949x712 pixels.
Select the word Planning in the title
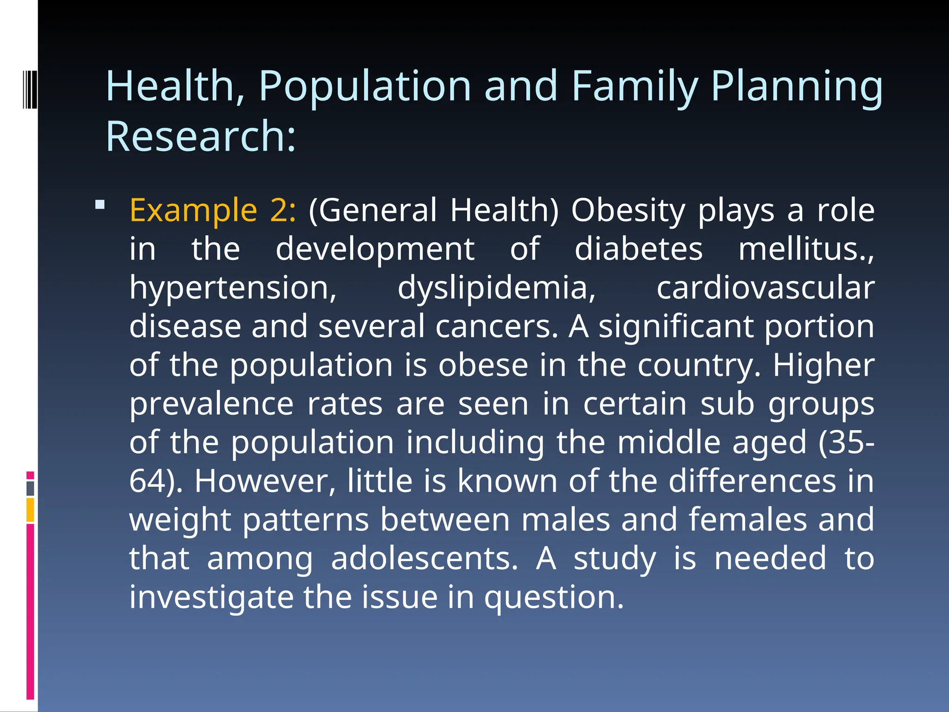point(797,87)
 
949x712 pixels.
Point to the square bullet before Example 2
point(100,204)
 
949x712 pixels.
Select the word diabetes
point(639,249)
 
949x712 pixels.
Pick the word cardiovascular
point(765,288)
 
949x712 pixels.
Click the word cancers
point(497,326)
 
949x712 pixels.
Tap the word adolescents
point(424,559)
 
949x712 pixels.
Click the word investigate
point(211,598)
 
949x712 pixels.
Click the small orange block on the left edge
point(30,509)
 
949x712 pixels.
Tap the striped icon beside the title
point(29,88)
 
